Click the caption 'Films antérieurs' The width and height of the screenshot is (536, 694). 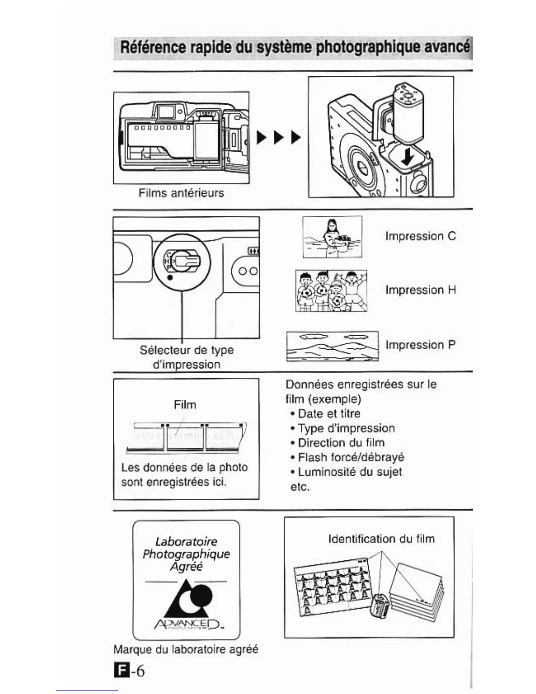181,193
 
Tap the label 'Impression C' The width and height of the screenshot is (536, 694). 420,236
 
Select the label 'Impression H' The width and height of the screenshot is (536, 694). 420,290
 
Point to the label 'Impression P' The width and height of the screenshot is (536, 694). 420,345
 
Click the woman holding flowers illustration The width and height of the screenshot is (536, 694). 332,237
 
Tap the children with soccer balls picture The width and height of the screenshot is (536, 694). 331,290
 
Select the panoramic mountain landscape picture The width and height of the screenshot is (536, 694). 332,346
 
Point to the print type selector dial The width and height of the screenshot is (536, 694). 182,262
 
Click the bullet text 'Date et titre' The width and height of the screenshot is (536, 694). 328,414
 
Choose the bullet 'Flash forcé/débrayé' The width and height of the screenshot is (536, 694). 350,457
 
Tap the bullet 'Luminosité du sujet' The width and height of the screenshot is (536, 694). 349,472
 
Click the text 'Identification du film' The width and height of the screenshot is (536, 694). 381,538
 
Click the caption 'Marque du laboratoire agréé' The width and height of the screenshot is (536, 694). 186,649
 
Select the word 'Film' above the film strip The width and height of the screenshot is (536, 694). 185,404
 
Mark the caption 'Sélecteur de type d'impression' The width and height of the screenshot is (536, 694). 187,357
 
